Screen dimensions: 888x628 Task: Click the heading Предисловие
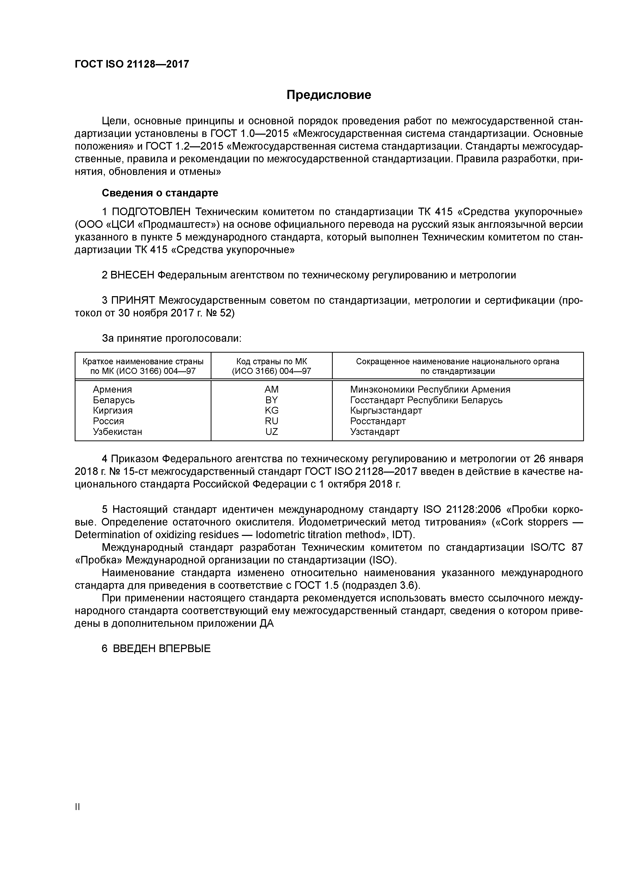click(x=328, y=95)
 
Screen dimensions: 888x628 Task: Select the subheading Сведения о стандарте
click(x=160, y=193)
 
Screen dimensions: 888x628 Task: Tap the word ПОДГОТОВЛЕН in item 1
click(x=151, y=212)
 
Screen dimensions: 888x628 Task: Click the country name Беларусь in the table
click(x=114, y=400)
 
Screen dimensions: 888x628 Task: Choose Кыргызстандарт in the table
click(x=386, y=410)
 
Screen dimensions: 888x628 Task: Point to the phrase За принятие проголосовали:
click(x=171, y=338)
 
